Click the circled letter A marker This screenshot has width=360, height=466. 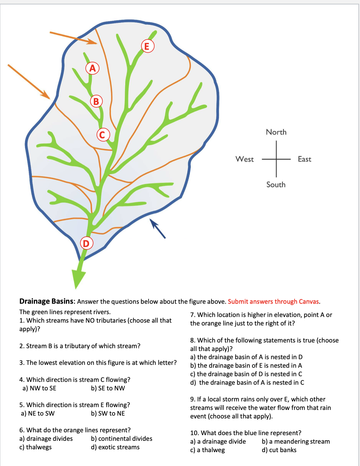[x=93, y=68]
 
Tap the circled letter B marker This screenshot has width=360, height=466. [x=96, y=101]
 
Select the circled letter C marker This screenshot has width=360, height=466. [x=103, y=135]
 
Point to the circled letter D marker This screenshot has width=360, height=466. [x=86, y=243]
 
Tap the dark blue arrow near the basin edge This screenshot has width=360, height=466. [x=158, y=229]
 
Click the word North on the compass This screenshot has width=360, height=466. [x=276, y=132]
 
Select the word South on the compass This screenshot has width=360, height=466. [x=276, y=185]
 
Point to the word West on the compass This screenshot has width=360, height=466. [x=245, y=159]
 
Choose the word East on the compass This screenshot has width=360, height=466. [x=304, y=159]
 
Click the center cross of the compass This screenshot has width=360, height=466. [x=276, y=159]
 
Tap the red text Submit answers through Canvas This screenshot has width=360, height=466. [x=274, y=302]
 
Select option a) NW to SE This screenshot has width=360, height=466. [x=39, y=388]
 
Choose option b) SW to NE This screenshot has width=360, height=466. [x=108, y=413]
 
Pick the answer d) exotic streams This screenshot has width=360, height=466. [x=115, y=447]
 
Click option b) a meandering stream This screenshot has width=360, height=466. [x=295, y=441]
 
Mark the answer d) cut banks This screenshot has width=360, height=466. [x=279, y=450]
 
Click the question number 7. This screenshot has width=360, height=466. [x=192, y=315]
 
